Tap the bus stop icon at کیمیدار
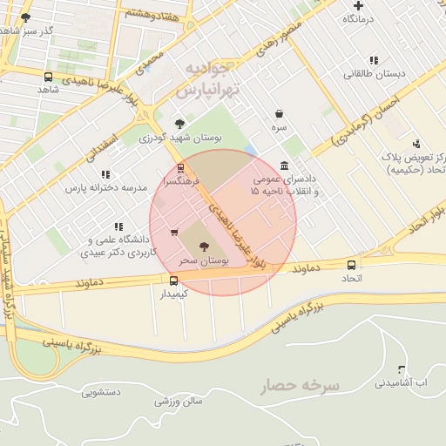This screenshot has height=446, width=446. (173, 280)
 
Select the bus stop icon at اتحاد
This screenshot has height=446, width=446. (351, 265)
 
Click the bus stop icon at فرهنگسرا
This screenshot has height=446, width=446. (180, 168)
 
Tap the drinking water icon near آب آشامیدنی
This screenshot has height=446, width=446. (401, 369)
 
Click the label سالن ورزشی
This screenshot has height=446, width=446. (179, 402)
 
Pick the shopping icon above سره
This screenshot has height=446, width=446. (279, 113)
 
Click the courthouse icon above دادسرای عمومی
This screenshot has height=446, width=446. (285, 166)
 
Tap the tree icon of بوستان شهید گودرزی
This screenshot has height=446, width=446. (179, 124)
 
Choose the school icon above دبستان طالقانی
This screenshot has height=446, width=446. (374, 60)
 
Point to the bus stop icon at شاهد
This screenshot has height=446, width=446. (47, 77)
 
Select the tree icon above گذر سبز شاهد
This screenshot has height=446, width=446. (24, 17)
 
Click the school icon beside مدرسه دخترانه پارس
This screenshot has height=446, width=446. (105, 174)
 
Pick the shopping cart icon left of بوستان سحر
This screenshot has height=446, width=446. (174, 232)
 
